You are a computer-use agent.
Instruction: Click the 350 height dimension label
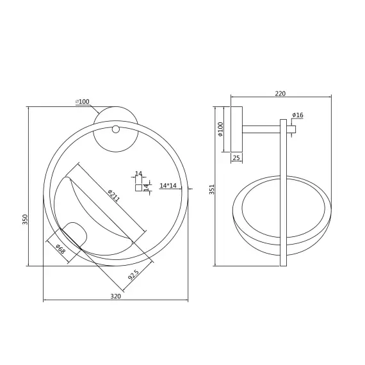(x=25, y=219)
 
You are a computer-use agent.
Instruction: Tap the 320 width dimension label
(x=115, y=296)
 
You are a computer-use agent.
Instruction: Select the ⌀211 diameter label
(x=114, y=195)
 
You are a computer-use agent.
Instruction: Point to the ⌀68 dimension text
(x=61, y=249)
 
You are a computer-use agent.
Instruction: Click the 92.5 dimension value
(x=134, y=275)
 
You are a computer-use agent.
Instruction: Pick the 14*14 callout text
(x=168, y=186)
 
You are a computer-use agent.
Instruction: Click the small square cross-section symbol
(x=139, y=188)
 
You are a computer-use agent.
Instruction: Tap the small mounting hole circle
(x=115, y=129)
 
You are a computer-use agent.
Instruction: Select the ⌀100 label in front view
(x=83, y=101)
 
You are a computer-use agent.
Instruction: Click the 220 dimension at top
(x=280, y=93)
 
